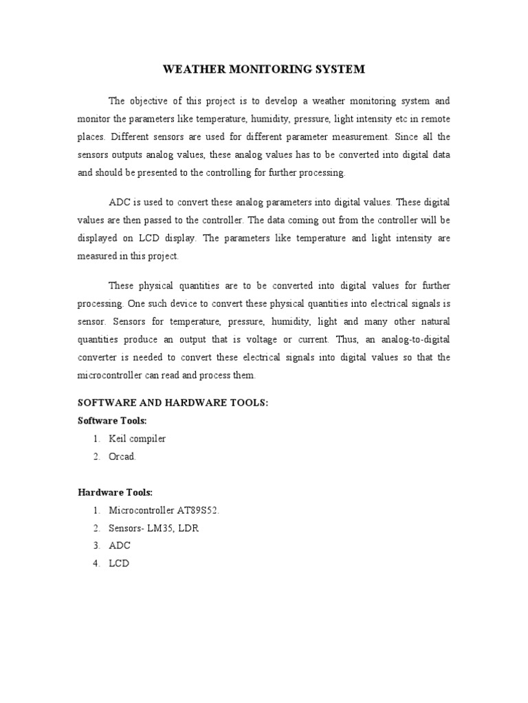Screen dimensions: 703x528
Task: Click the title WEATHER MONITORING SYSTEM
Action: (x=263, y=69)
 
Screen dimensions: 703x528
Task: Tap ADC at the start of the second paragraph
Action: (x=120, y=203)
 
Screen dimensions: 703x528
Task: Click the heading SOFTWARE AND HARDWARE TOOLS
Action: (x=172, y=403)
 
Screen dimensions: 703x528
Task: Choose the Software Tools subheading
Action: (x=112, y=420)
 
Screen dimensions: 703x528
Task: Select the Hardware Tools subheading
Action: (x=115, y=492)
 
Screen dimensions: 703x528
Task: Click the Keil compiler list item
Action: (x=137, y=438)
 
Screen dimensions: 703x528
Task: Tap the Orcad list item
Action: (x=124, y=456)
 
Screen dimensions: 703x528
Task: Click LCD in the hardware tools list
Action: (x=119, y=564)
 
